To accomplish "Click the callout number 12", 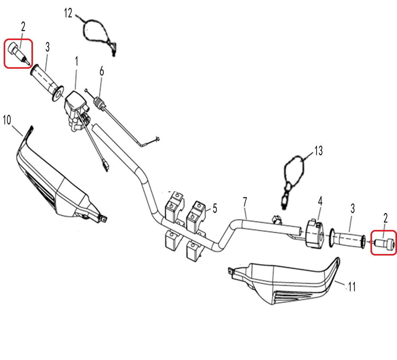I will pyautogui.click(x=68, y=13).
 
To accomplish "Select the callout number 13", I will pyautogui.click(x=318, y=151).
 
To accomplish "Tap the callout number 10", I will pyautogui.click(x=7, y=119).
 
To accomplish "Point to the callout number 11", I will pyautogui.click(x=352, y=286).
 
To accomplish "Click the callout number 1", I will pyautogui.click(x=77, y=62).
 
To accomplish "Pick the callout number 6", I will pyautogui.click(x=102, y=71).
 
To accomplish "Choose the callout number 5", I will pyautogui.click(x=215, y=208).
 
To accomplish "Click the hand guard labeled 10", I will pyautogui.click(x=56, y=187).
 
